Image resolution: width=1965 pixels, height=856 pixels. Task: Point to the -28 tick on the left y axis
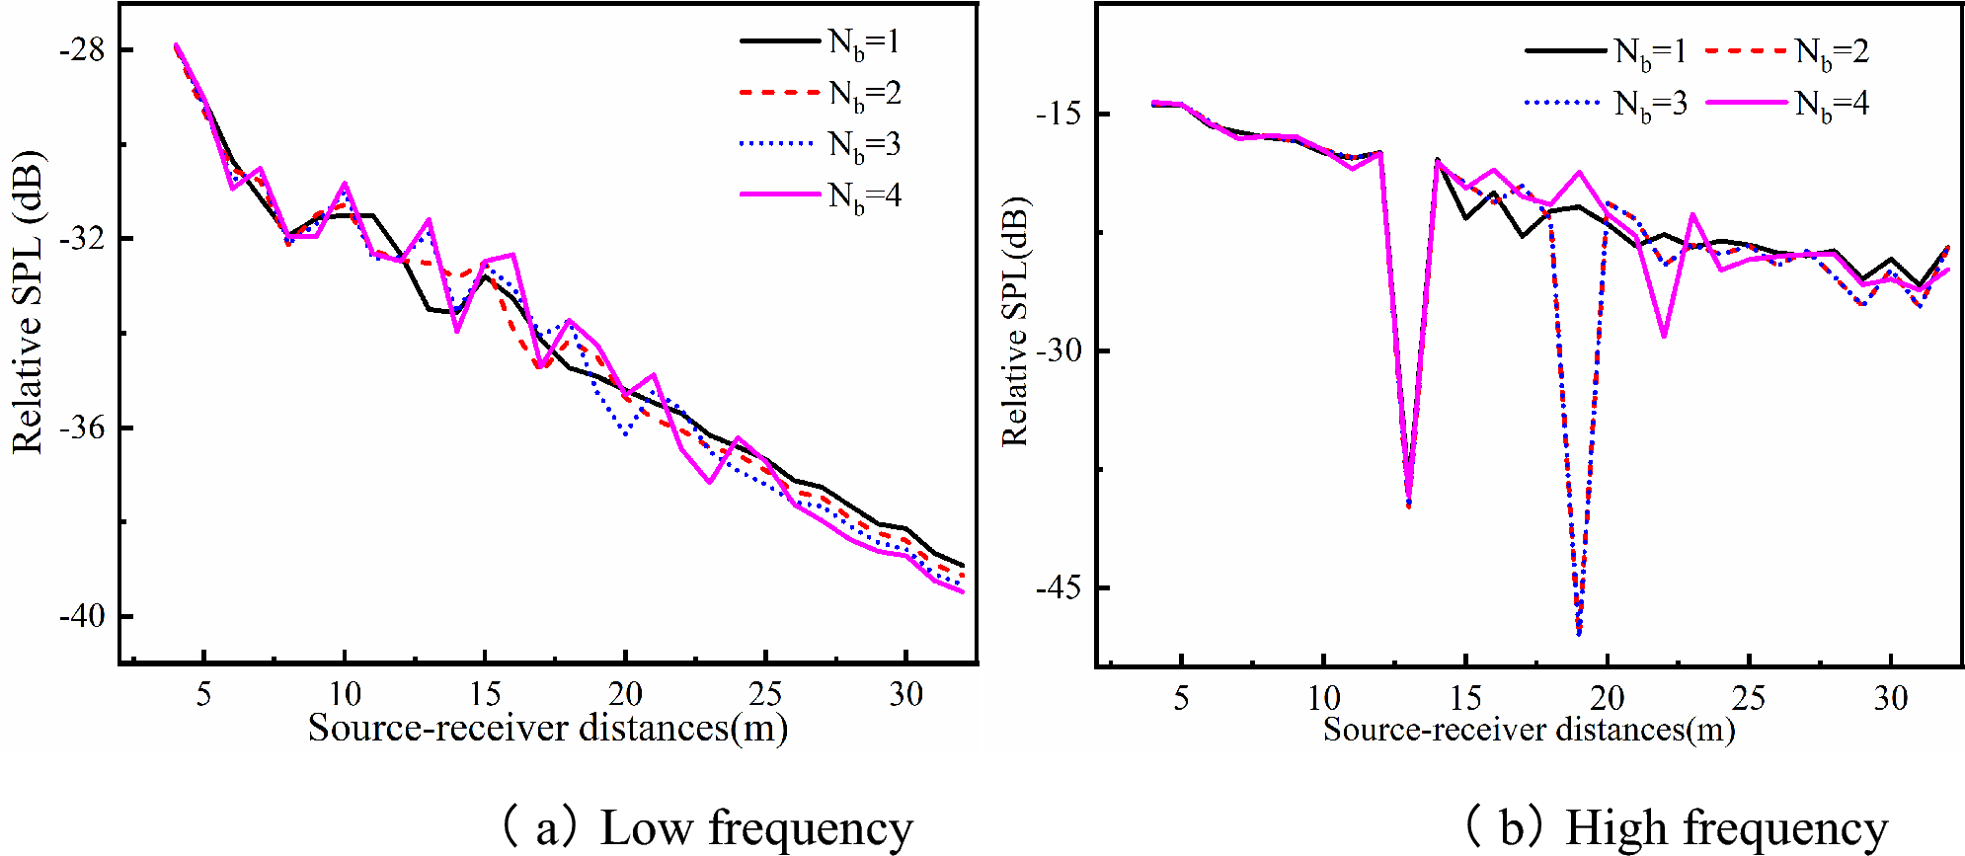click(82, 50)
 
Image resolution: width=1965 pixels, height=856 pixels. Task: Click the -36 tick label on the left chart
click(82, 428)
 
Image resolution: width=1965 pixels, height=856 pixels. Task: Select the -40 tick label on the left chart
click(82, 617)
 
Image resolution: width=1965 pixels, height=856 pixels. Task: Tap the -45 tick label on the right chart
click(1058, 588)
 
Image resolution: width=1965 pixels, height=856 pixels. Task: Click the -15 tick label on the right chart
click(1058, 115)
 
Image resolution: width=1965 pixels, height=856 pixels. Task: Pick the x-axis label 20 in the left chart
click(625, 695)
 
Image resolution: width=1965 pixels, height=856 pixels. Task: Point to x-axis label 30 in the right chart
click(1891, 699)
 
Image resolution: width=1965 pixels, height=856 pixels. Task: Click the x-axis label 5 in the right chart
click(1181, 699)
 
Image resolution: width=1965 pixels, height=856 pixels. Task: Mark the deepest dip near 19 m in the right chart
click(1579, 633)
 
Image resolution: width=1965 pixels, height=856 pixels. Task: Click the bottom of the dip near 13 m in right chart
click(1408, 506)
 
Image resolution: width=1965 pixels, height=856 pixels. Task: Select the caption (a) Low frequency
click(706, 827)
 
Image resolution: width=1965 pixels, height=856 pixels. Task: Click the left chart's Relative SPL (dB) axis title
click(28, 302)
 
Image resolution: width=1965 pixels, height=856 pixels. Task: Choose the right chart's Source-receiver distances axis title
click(1529, 730)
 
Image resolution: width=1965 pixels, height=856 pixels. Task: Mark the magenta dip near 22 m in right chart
click(1664, 336)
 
